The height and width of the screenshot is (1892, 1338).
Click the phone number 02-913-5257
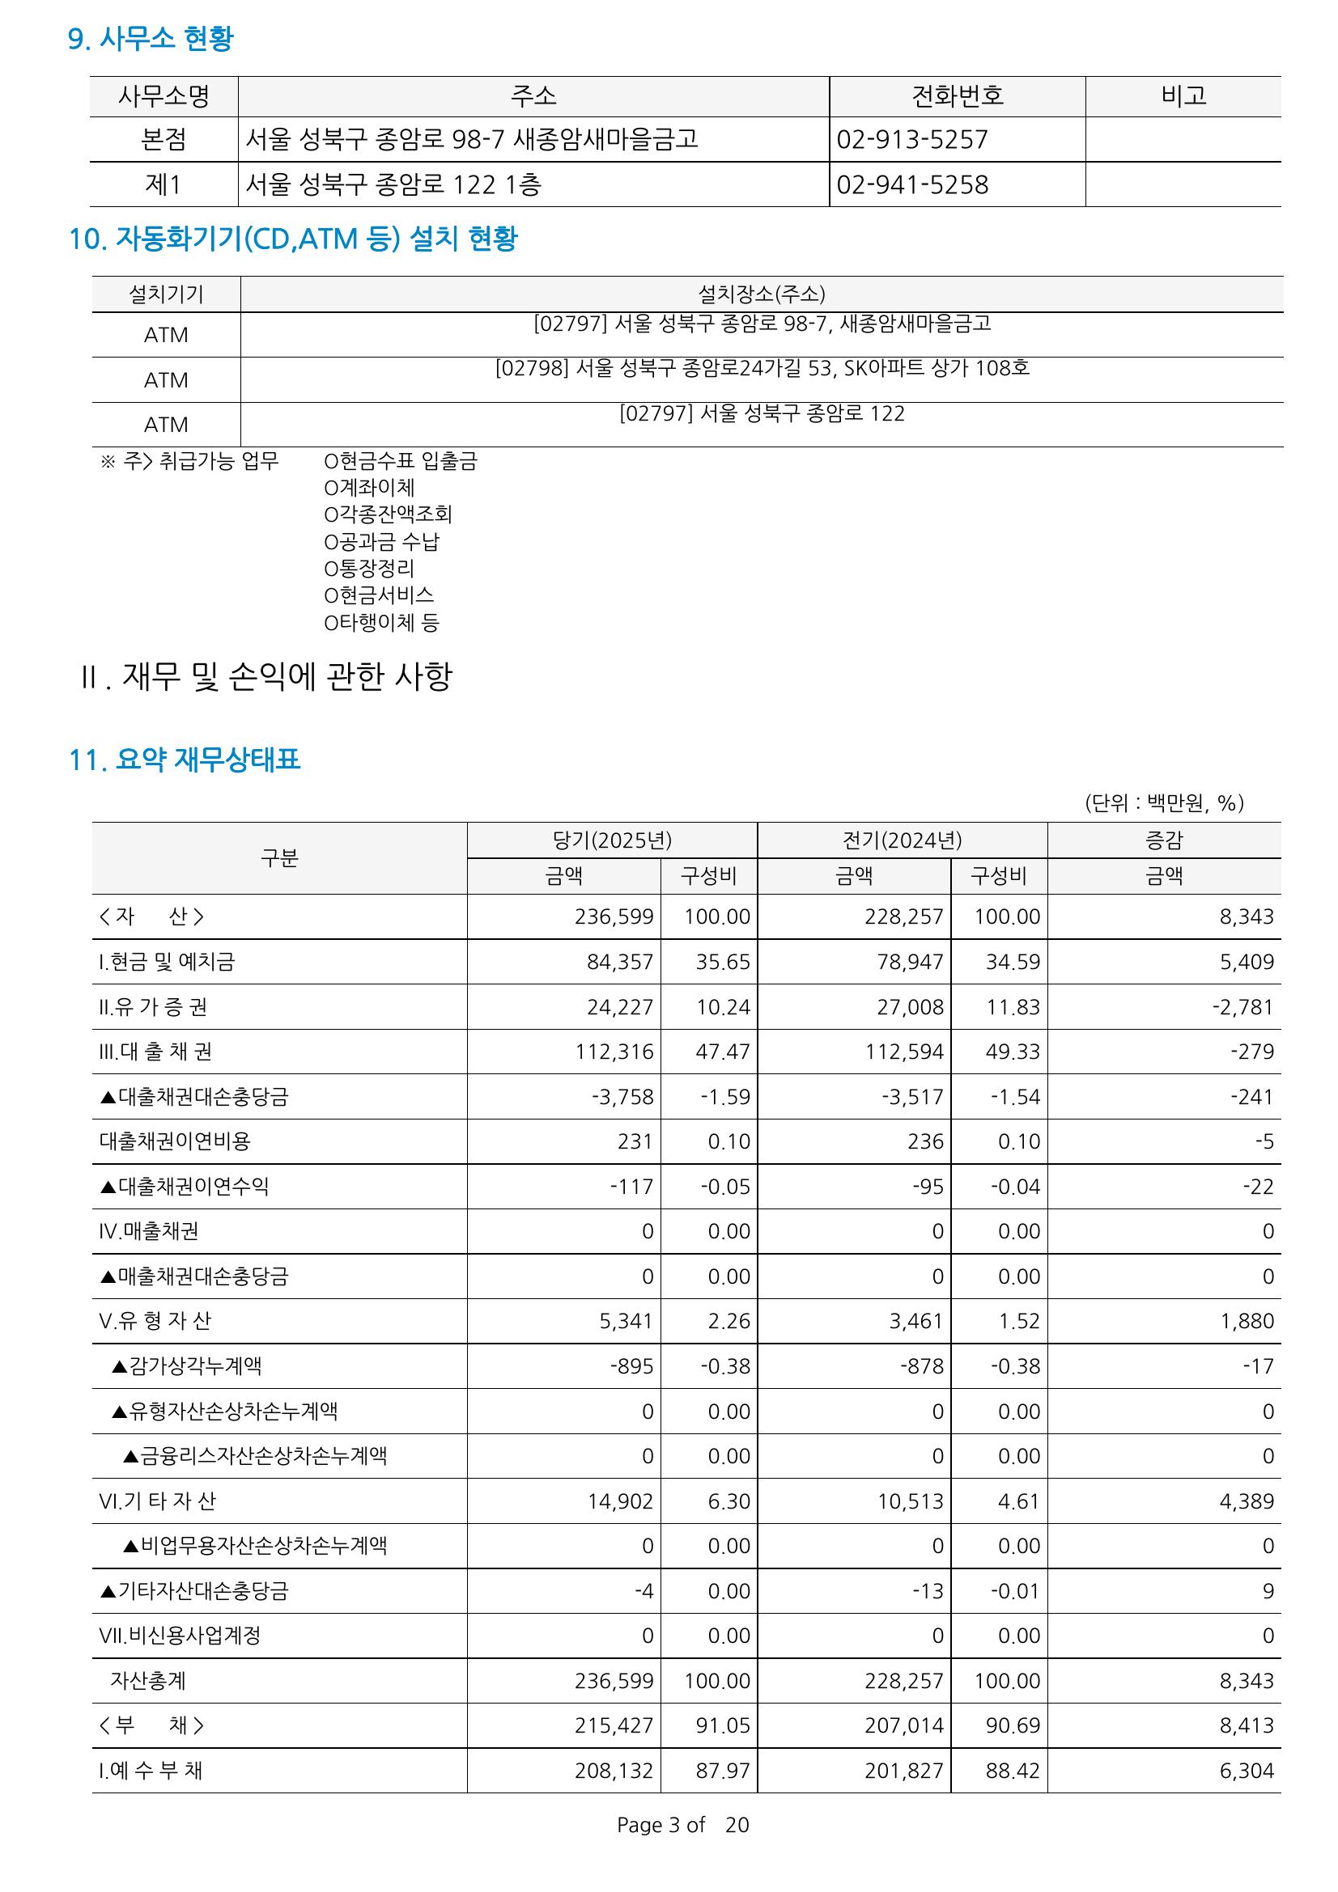click(x=911, y=139)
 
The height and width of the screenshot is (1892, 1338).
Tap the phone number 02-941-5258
click(x=911, y=184)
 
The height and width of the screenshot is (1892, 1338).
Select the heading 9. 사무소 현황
click(x=151, y=38)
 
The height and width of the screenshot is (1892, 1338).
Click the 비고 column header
click(x=1183, y=96)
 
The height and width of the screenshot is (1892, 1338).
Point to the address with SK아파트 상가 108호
click(x=762, y=367)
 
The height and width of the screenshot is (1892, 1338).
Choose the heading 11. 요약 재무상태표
click(x=185, y=759)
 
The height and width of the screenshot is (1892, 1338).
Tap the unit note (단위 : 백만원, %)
click(x=1163, y=802)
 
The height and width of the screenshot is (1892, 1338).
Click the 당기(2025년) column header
click(x=612, y=840)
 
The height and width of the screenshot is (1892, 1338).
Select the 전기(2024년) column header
click(x=902, y=840)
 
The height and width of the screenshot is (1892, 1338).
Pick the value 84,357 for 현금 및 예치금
click(x=619, y=962)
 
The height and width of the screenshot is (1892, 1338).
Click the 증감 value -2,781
click(x=1242, y=1007)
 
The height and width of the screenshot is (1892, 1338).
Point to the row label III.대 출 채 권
click(x=155, y=1052)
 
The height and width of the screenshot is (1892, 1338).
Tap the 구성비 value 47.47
click(x=722, y=1052)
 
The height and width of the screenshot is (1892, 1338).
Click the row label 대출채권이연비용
click(x=175, y=1141)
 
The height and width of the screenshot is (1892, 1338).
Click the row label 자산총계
click(x=148, y=1680)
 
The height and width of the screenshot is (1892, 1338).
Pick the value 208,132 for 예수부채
click(x=614, y=1771)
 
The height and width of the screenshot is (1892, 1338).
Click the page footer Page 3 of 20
click(x=682, y=1825)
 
